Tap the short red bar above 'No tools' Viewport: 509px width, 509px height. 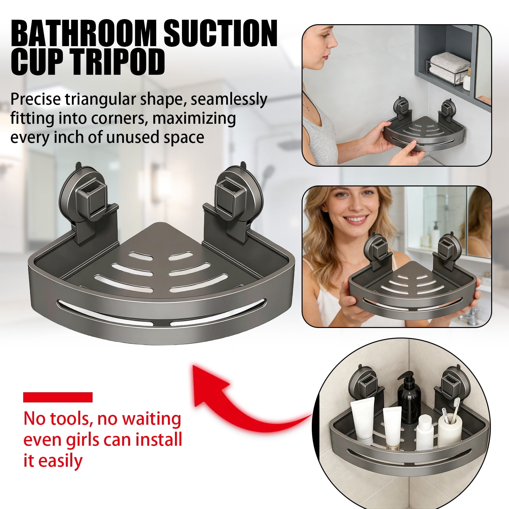pos(58,397)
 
